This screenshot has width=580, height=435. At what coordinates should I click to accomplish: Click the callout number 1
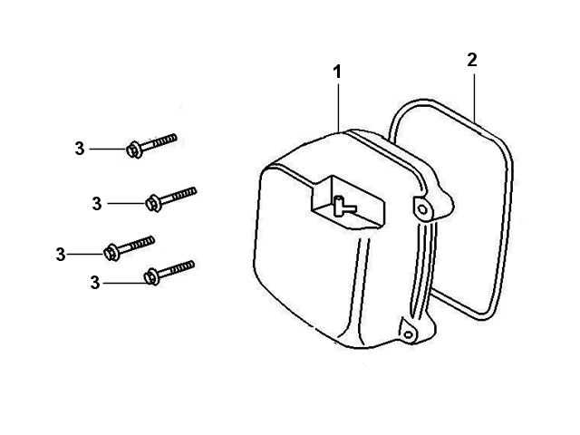click(x=336, y=72)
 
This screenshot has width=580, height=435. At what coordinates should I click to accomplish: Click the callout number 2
click(x=472, y=61)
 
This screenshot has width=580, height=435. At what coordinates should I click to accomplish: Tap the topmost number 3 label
click(x=80, y=149)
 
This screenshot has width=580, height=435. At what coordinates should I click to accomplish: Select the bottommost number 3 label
click(x=95, y=283)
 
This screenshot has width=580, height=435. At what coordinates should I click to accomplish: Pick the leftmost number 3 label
click(x=61, y=255)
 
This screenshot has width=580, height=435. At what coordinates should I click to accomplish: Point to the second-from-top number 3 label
click(x=97, y=204)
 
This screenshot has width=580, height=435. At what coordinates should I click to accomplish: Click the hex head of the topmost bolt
click(x=134, y=150)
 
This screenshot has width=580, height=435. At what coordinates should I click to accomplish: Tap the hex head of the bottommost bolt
click(x=151, y=277)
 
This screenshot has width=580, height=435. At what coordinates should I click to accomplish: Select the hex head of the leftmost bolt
click(x=111, y=253)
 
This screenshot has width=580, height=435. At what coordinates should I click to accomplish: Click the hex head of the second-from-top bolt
click(x=153, y=204)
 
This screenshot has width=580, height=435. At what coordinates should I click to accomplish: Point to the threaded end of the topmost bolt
click(x=165, y=140)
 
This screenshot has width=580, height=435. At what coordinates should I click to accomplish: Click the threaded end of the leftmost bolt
click(x=143, y=243)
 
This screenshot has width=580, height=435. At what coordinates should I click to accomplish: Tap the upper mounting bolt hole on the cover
click(x=422, y=209)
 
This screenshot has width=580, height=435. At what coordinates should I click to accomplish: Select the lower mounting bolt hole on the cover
click(x=409, y=335)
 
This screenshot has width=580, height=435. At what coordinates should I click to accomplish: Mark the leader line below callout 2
click(x=474, y=98)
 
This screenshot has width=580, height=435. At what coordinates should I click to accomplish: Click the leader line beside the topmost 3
click(x=109, y=149)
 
